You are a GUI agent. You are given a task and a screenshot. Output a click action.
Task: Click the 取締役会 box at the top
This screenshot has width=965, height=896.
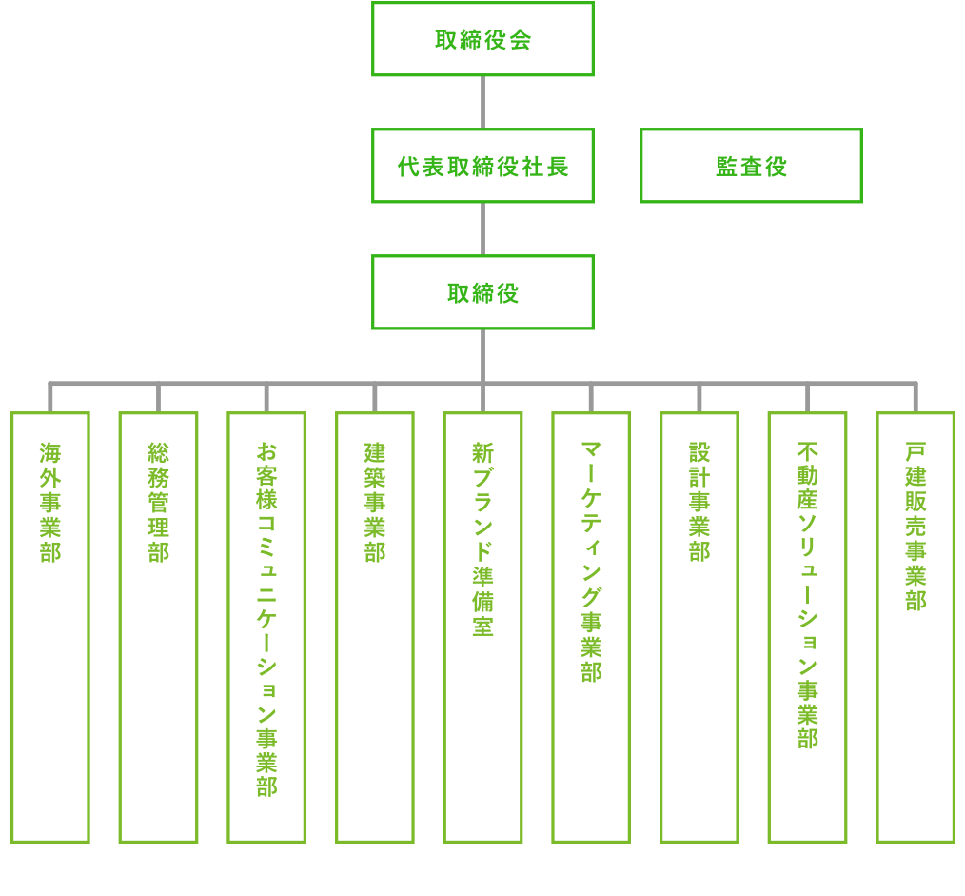click(x=482, y=39)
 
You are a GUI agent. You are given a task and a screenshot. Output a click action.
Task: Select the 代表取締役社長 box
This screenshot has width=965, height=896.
click(x=482, y=167)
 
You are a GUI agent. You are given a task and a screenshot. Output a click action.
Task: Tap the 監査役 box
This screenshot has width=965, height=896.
click(x=751, y=167)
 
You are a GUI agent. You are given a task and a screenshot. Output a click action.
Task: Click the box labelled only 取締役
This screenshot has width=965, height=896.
click(x=482, y=292)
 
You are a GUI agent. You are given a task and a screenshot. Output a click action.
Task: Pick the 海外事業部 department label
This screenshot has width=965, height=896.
click(x=49, y=502)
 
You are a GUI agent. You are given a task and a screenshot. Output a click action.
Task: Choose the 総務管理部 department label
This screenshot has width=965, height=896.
click(x=158, y=502)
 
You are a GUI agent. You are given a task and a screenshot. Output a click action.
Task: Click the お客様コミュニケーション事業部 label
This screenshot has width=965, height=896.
click(x=266, y=619)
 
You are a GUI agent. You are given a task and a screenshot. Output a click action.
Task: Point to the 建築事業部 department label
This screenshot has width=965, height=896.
click(x=375, y=502)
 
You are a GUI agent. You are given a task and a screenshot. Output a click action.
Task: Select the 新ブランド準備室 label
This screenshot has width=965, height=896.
click(x=482, y=539)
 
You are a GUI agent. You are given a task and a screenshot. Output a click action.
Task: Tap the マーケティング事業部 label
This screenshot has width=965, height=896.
click(x=591, y=562)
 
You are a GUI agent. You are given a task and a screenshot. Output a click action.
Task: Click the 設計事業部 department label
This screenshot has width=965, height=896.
click(x=699, y=502)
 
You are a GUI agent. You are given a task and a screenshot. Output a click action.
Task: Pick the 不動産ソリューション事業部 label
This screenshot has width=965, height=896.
click(x=807, y=595)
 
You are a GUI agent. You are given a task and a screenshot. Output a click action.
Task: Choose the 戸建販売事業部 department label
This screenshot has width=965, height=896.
click(x=916, y=527)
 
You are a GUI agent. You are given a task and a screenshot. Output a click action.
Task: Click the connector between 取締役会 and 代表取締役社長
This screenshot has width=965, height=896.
click(x=482, y=102)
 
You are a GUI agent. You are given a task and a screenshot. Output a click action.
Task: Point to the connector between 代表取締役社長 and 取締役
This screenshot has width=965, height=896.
click(x=482, y=229)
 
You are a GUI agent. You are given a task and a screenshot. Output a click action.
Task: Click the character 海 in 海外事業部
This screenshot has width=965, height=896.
click(x=49, y=451)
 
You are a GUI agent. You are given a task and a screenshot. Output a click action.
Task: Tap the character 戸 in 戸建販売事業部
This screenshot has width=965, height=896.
click(x=916, y=451)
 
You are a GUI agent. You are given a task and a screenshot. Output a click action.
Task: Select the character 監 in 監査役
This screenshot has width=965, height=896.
click(x=726, y=167)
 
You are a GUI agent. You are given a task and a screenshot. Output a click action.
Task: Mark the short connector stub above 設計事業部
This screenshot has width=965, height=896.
click(x=699, y=399)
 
